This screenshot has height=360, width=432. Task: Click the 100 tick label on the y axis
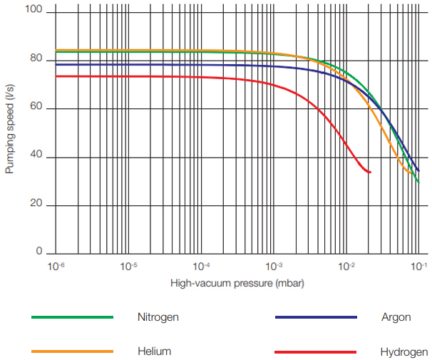[33, 11]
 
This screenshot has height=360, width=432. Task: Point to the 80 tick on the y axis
[35, 61]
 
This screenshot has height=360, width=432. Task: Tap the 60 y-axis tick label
[35, 108]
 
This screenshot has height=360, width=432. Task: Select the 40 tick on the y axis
[35, 158]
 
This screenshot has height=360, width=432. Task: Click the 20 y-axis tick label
[35, 205]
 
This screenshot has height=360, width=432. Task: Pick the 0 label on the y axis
[39, 253]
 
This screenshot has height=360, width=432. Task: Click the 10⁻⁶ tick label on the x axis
[56, 266]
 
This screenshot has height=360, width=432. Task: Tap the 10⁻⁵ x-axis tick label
[128, 266]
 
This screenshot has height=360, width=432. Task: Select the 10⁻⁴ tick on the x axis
[201, 266]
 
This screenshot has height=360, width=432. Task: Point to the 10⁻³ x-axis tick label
[274, 266]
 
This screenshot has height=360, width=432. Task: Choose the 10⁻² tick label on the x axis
[346, 266]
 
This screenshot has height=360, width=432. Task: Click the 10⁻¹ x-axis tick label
[419, 266]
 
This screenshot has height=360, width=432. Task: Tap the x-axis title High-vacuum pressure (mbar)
[237, 283]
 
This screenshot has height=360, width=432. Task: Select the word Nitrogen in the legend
[158, 317]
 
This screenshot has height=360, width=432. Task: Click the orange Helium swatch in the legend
[72, 351]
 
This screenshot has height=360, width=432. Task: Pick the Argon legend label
[396, 317]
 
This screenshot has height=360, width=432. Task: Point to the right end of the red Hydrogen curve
[370, 172]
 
